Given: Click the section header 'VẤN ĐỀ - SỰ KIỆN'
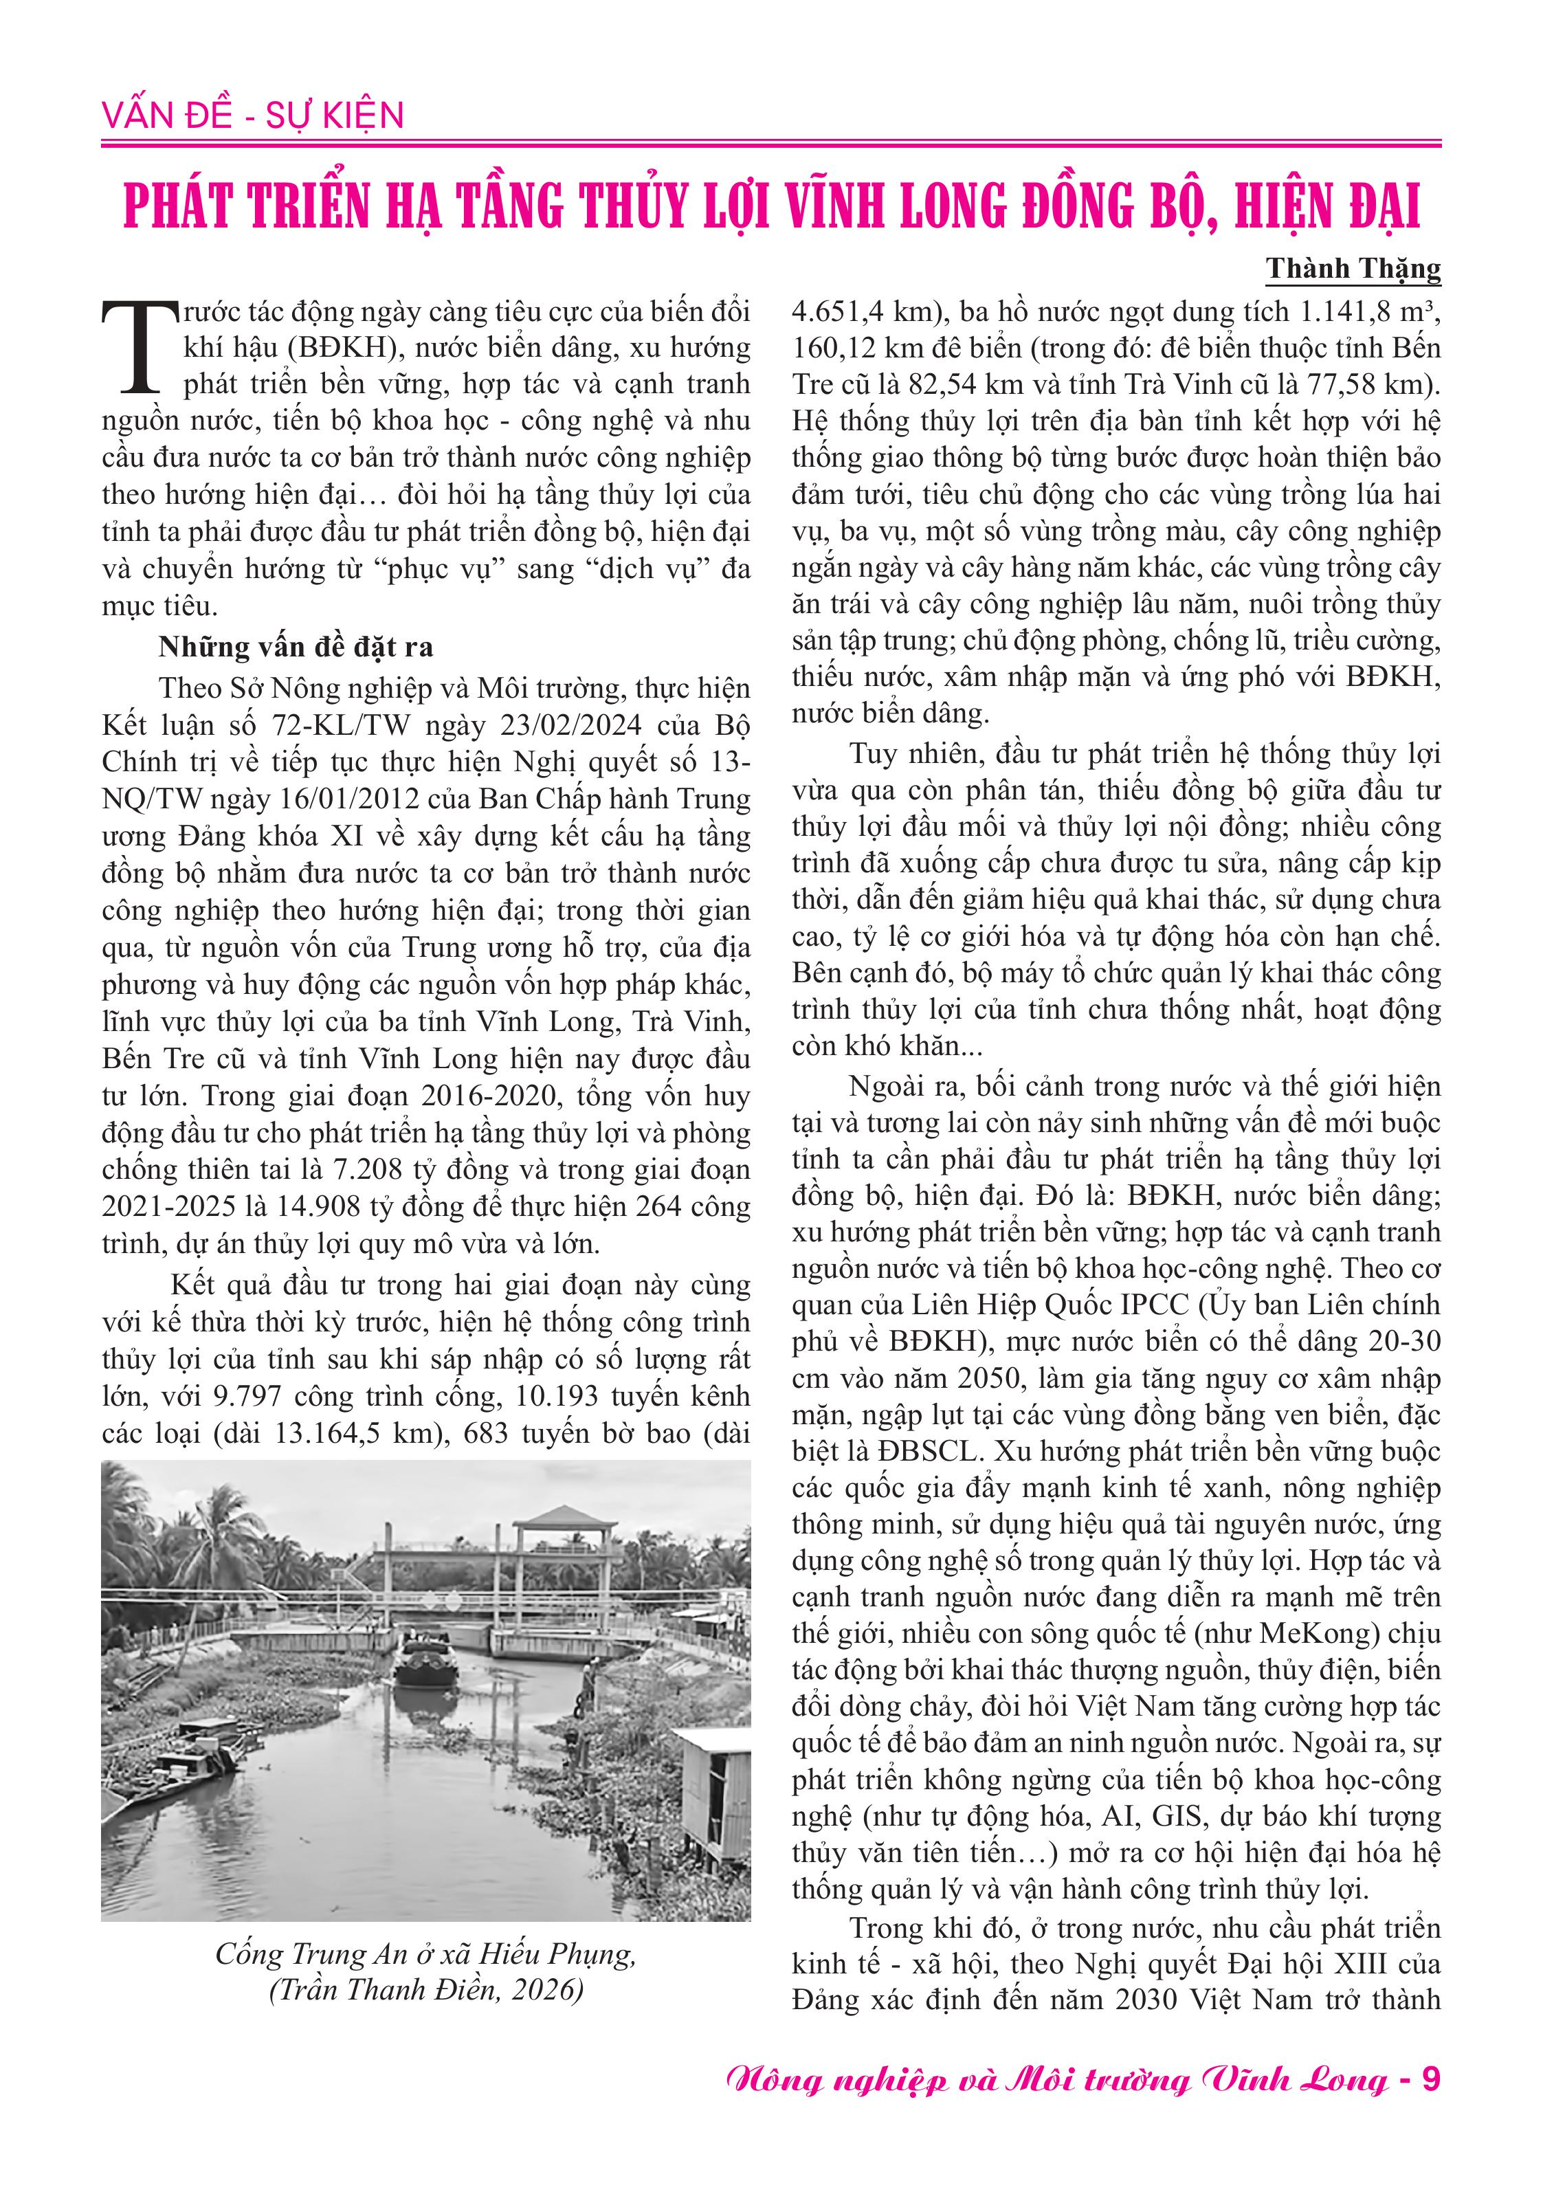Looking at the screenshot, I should point(253,115).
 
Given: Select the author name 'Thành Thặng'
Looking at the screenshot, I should point(1353,269).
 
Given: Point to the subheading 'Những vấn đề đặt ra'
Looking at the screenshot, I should point(296,647).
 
